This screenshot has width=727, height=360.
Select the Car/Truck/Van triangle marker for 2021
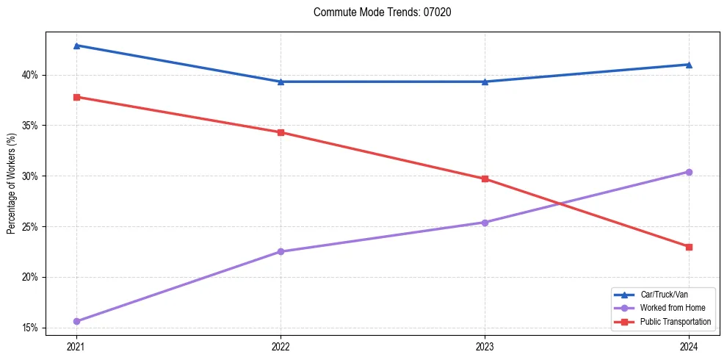pyautogui.click(x=76, y=46)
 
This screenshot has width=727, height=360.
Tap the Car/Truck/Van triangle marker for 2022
pyautogui.click(x=281, y=82)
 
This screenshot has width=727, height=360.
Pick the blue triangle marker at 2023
pyautogui.click(x=485, y=82)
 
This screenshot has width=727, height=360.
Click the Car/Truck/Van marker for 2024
pyautogui.click(x=689, y=65)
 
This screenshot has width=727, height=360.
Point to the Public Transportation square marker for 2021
pyautogui.click(x=76, y=97)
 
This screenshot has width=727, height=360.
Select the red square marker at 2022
pyautogui.click(x=281, y=132)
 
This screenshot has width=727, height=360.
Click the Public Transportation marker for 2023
pyautogui.click(x=485, y=179)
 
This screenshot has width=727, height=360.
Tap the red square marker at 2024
pyautogui.click(x=689, y=247)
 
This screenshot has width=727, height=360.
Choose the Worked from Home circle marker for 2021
pyautogui.click(x=76, y=321)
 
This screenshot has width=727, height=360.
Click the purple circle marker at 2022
pyautogui.click(x=281, y=251)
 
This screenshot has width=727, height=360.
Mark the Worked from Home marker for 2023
pyautogui.click(x=485, y=222)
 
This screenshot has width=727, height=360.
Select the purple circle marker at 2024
pyautogui.click(x=689, y=172)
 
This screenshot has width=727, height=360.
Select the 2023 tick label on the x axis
pyautogui.click(x=485, y=345)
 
